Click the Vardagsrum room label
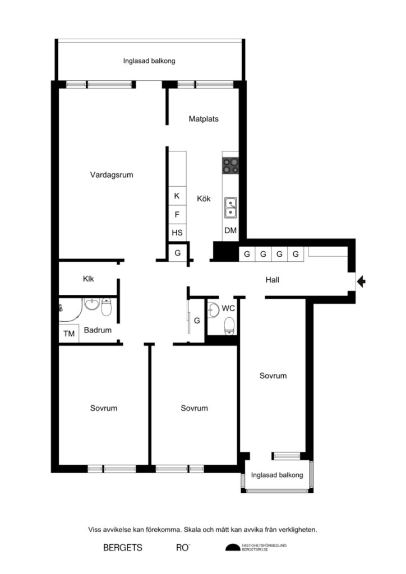point(112,174)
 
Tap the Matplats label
point(204,119)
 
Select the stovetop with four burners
point(230,165)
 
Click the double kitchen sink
point(230,207)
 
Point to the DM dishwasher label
point(230,230)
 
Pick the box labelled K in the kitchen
point(177,196)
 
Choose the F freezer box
point(177,214)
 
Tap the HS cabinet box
point(177,232)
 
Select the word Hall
point(273,280)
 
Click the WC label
point(228,308)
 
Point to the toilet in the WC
point(228,325)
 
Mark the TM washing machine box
point(69,334)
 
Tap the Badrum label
point(98,330)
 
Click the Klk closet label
point(89,278)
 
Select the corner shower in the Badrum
point(68,310)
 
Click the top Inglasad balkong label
point(149,61)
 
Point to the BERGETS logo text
point(123,547)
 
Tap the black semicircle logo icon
point(232,548)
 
